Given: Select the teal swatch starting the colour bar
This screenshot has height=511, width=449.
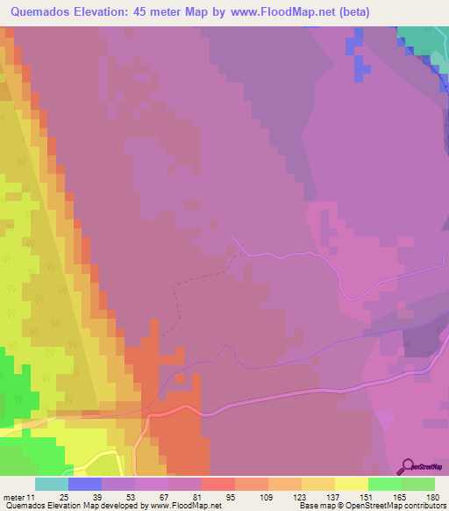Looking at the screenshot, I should click(51, 484).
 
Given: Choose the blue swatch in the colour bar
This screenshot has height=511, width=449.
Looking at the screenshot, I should click(84, 484).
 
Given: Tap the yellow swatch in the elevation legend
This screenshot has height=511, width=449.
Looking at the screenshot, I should click(351, 484).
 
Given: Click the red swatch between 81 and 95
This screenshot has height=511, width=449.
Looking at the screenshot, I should click(217, 484).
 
